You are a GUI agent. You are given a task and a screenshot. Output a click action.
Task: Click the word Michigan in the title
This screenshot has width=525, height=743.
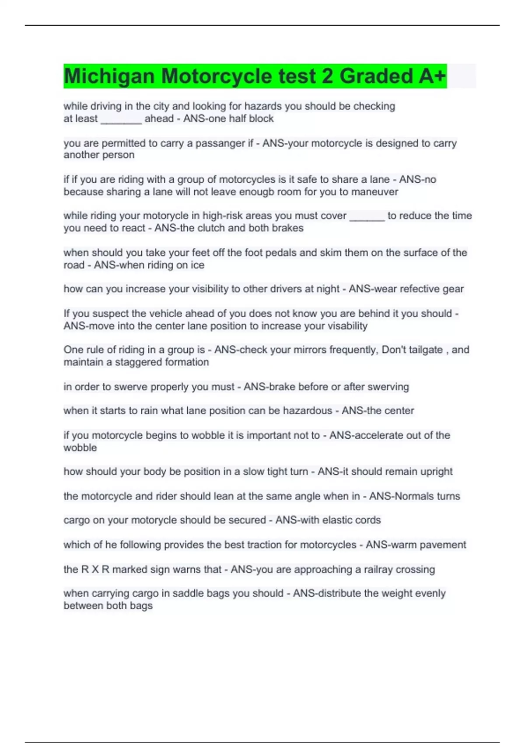tap(109, 76)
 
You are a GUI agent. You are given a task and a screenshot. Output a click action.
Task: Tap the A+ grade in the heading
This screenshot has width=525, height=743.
tap(432, 76)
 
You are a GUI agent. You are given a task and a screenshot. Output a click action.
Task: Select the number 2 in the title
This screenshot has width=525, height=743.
tap(327, 76)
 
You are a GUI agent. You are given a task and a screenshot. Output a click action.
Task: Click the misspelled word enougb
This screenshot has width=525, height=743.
tap(269, 192)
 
